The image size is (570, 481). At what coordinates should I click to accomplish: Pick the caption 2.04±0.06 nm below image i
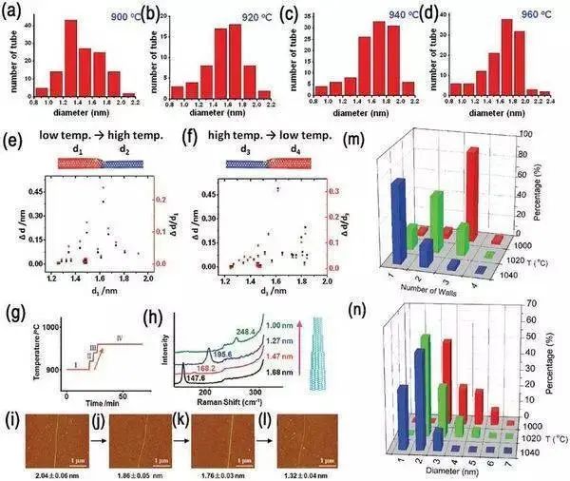tap(45, 472)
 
